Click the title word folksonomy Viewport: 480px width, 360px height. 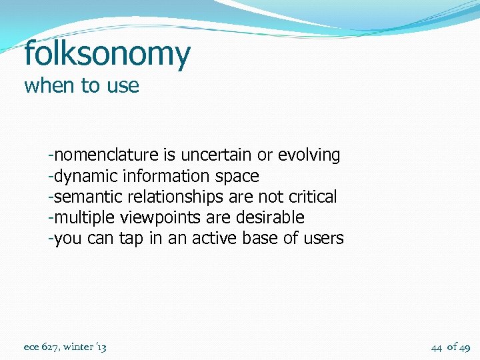tap(107, 54)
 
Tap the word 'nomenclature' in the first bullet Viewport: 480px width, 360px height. tap(106, 155)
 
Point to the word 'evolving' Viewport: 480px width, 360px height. tap(309, 156)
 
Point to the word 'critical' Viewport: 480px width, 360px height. tap(313, 197)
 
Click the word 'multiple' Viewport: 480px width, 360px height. tap(83, 217)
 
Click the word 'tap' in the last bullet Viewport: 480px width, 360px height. tap(131, 239)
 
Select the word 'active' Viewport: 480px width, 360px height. tap(215, 238)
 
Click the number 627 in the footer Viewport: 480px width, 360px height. tap(51, 347)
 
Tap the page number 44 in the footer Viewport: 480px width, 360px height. tap(437, 347)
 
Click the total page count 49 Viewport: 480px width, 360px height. tap(465, 347)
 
